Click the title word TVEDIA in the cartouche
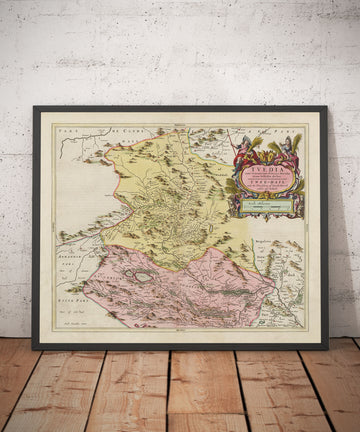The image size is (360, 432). point(263,170)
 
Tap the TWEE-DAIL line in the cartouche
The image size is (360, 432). point(263,193)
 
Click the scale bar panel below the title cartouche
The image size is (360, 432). point(262,209)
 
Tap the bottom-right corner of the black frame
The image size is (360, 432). point(327,348)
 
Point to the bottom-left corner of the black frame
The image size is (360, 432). point(33,348)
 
